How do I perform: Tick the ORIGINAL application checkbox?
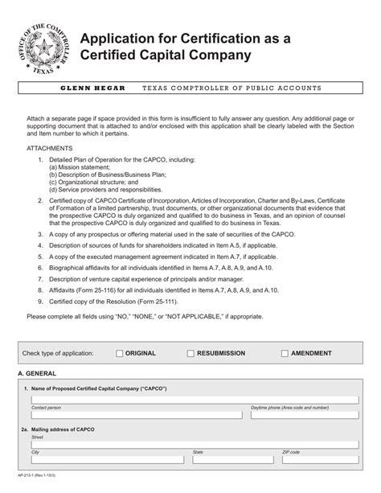(x=120, y=353)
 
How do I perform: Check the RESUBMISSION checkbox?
(x=190, y=353)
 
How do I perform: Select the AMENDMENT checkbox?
(x=285, y=353)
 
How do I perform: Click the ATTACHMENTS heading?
(x=50, y=150)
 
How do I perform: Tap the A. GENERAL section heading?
(x=39, y=375)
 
